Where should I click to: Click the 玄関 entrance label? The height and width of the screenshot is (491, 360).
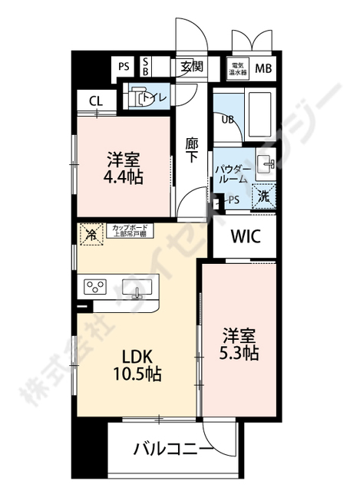click(192, 67)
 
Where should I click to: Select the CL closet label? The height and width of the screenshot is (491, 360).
click(96, 101)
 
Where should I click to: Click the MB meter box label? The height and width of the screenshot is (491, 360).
click(263, 68)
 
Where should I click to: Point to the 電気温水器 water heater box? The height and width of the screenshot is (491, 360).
click(239, 68)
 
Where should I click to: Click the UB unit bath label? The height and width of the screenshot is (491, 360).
click(228, 119)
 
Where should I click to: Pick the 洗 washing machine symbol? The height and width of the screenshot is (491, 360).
click(264, 196)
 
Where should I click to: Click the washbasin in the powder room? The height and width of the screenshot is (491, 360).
click(267, 164)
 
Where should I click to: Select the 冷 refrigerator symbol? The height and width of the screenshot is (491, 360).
click(91, 232)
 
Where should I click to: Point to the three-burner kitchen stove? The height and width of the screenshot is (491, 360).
click(95, 288)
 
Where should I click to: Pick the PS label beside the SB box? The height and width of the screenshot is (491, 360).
click(124, 67)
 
